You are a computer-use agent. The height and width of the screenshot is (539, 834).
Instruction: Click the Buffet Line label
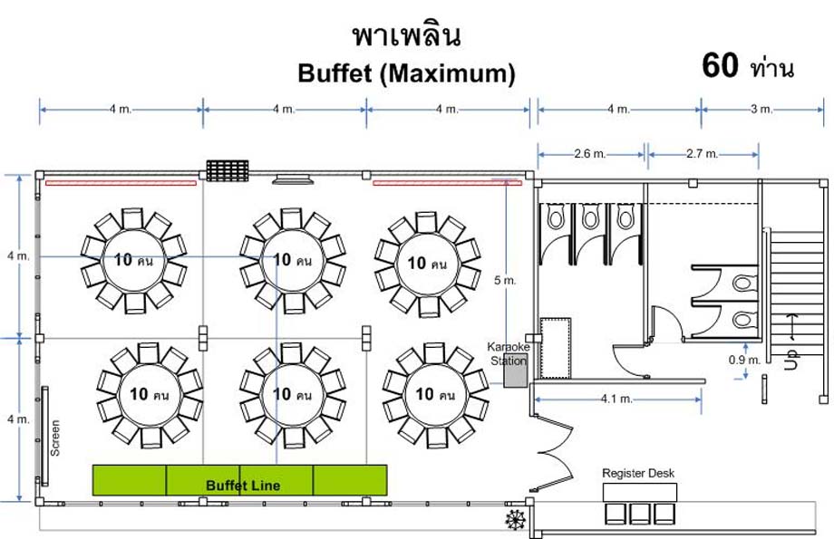click(x=243, y=485)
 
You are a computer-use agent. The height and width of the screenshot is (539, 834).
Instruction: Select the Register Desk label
click(x=637, y=473)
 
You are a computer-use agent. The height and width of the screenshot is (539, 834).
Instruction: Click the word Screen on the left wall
click(x=54, y=438)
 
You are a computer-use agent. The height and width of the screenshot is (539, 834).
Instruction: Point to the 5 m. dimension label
click(x=505, y=280)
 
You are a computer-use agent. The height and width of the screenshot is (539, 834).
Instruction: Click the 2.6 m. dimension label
click(x=589, y=154)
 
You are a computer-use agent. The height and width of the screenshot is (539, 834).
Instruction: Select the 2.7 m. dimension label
click(x=702, y=154)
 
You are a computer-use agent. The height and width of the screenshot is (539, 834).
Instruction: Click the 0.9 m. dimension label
click(x=744, y=360)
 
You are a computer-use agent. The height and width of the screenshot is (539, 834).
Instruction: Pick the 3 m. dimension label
click(x=761, y=109)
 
